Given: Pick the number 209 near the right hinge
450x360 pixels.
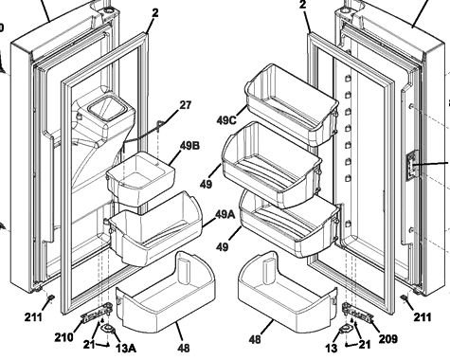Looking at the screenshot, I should [x=387, y=336].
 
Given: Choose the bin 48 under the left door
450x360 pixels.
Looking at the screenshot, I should [x=167, y=302].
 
